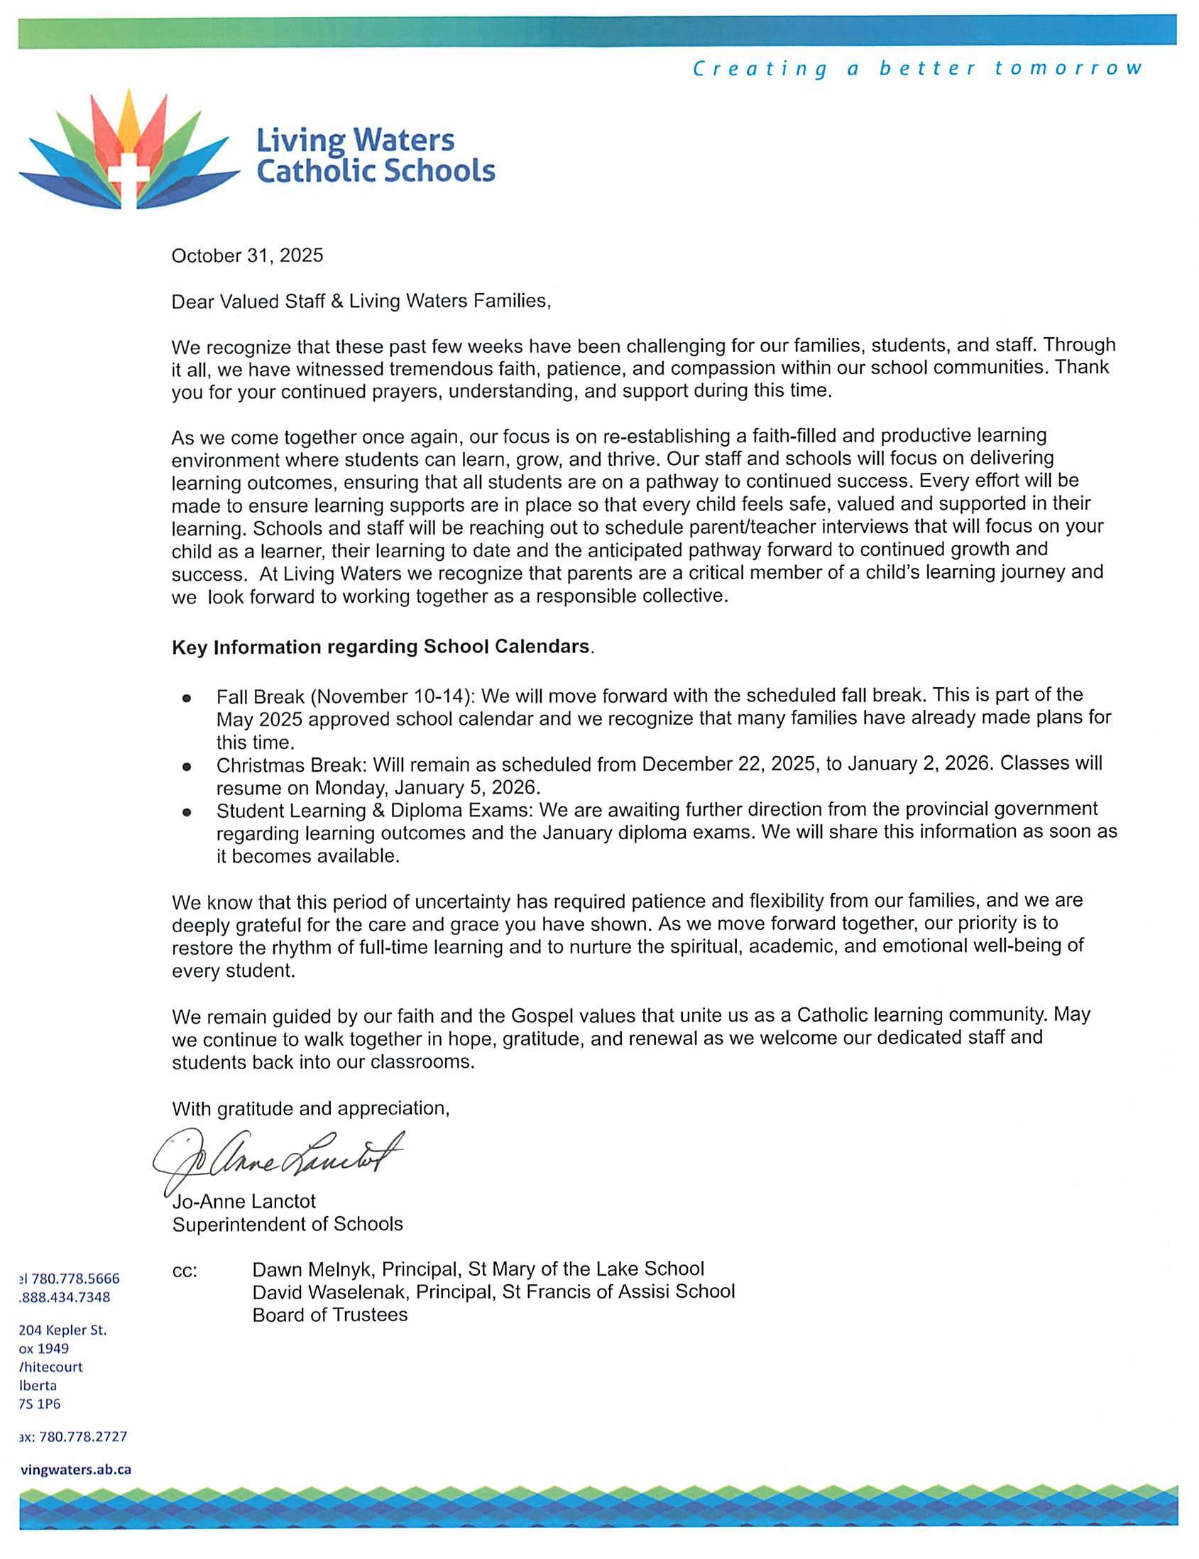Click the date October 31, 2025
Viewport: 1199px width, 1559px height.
pyautogui.click(x=247, y=256)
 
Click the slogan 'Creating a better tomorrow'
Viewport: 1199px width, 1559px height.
pyautogui.click(x=917, y=69)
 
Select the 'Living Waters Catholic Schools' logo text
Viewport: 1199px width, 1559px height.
pyautogui.click(x=375, y=155)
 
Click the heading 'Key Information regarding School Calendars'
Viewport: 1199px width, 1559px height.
pyautogui.click(x=381, y=647)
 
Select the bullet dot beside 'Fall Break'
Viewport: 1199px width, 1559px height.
pyautogui.click(x=187, y=698)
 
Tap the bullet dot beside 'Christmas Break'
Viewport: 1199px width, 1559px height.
pyautogui.click(x=187, y=767)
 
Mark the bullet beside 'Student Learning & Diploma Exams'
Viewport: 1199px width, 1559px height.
pyautogui.click(x=187, y=812)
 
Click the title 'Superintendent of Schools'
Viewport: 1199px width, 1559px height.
pyautogui.click(x=287, y=1224)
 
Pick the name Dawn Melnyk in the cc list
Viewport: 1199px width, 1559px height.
pyautogui.click(x=314, y=1269)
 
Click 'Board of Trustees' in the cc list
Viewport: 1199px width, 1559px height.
pyautogui.click(x=329, y=1315)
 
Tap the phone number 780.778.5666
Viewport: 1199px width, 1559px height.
pyautogui.click(x=75, y=1279)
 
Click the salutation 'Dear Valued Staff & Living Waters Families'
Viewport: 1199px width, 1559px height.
pyautogui.click(x=361, y=301)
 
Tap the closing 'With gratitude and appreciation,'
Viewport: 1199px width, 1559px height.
pyautogui.click(x=310, y=1109)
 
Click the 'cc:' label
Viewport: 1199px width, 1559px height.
pyautogui.click(x=185, y=1271)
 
